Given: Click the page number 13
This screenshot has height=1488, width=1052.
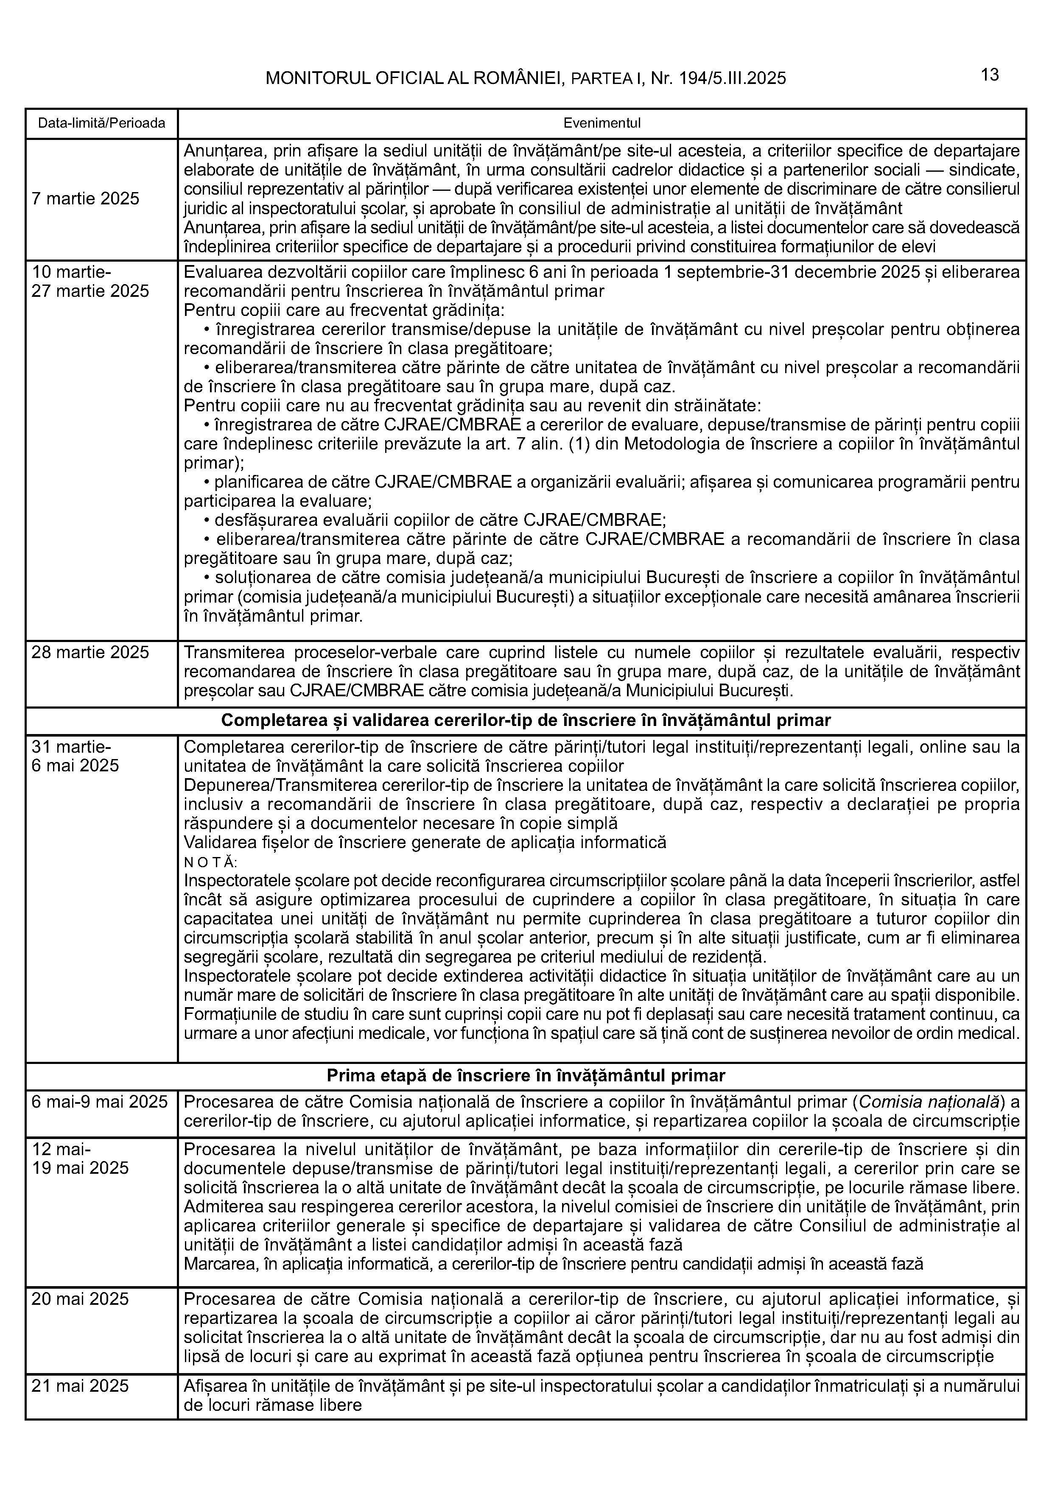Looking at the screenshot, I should pos(990,75).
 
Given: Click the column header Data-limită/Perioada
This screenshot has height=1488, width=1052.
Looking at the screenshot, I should pos(102,123).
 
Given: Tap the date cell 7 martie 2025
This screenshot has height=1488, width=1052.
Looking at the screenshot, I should pos(86,198).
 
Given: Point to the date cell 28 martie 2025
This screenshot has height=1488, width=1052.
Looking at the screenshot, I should pos(90,652).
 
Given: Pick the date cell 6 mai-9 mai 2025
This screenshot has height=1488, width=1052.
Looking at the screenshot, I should pos(100,1102).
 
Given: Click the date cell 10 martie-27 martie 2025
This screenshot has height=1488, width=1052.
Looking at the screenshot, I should pos(90,281).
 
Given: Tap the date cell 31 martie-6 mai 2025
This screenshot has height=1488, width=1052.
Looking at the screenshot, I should pos(75,757).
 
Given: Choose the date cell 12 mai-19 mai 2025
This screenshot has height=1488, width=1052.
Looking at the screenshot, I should pos(80,1158).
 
